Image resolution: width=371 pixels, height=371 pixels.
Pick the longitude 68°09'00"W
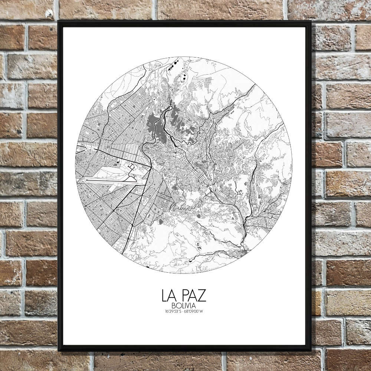194,311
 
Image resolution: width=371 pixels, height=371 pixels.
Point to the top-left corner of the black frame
59,22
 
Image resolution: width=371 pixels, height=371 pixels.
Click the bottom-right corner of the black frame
311,350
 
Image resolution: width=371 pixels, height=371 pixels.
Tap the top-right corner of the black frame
311,22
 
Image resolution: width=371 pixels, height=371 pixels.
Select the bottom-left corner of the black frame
59,350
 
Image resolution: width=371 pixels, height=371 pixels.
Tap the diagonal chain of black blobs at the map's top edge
172,66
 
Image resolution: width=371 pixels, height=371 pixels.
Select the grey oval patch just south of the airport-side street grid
160,222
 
